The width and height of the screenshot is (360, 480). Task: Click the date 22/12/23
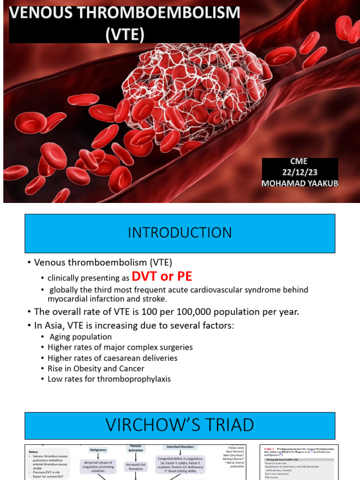click(300, 172)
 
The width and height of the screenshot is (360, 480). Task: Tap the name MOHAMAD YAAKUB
click(300, 183)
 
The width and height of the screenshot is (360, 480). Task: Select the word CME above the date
click(299, 162)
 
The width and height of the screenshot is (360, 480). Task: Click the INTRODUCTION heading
click(180, 232)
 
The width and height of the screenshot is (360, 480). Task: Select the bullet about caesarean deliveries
click(112, 358)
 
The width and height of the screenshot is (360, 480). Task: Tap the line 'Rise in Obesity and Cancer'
click(96, 368)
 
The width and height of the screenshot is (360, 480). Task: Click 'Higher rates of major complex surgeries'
click(120, 347)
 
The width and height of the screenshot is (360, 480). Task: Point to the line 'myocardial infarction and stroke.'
click(107, 299)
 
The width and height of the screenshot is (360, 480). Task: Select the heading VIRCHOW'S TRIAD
click(180, 425)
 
